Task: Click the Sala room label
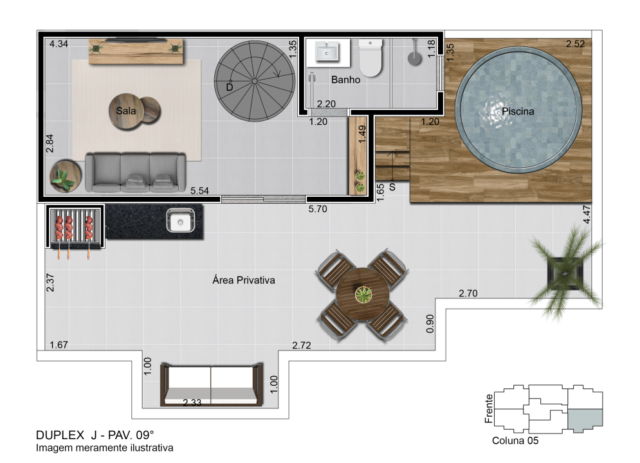click(x=125, y=111)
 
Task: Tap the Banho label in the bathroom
click(x=345, y=80)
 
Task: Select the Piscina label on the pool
click(x=518, y=111)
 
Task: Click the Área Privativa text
click(x=244, y=280)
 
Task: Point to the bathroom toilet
click(x=370, y=57)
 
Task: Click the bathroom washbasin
click(x=327, y=52)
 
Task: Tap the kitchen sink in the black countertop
click(x=180, y=221)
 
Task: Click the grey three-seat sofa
click(x=136, y=172)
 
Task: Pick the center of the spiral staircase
click(x=254, y=81)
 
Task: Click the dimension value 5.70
click(x=318, y=209)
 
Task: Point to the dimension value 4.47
click(x=587, y=214)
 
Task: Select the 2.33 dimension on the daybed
click(x=192, y=403)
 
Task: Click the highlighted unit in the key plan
click(x=585, y=420)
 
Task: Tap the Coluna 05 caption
click(x=515, y=440)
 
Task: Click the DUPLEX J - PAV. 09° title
click(x=95, y=435)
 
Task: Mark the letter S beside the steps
click(x=392, y=187)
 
